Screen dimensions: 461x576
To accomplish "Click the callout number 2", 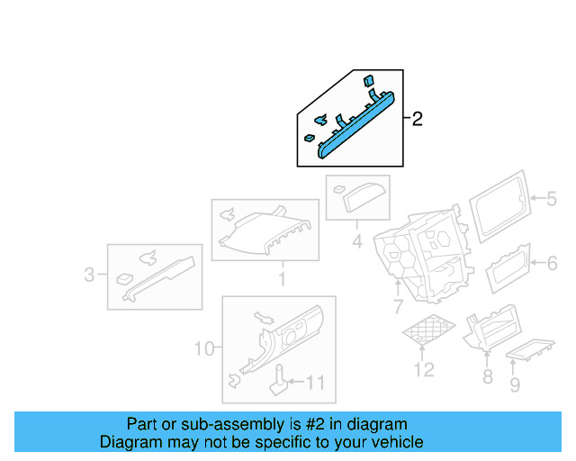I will pyautogui.click(x=417, y=119).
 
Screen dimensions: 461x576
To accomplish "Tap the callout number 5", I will pyautogui.click(x=551, y=200).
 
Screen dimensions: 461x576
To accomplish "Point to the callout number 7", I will pyautogui.click(x=397, y=308).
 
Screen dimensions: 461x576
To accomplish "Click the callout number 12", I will pyautogui.click(x=423, y=369).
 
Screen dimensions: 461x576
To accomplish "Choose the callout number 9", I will pyautogui.click(x=515, y=386).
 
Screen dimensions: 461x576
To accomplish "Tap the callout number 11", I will pyautogui.click(x=314, y=383).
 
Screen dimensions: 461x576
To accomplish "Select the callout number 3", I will pyautogui.click(x=89, y=275).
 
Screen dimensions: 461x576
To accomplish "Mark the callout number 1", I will pyautogui.click(x=281, y=280).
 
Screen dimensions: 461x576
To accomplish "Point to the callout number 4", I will pyautogui.click(x=357, y=241).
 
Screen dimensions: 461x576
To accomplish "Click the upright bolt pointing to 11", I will pyautogui.click(x=280, y=381).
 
